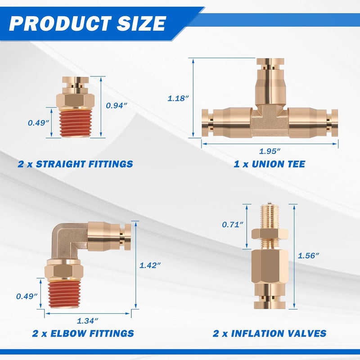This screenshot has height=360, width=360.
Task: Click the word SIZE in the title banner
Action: coord(141,24)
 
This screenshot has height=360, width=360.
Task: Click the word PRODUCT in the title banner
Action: coord(60,24)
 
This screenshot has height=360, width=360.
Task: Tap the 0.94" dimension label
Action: coord(117,106)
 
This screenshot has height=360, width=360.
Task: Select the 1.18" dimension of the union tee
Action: coord(178,99)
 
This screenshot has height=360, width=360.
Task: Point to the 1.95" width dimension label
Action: coord(270,151)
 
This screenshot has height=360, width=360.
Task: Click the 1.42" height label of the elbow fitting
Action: coord(150,265)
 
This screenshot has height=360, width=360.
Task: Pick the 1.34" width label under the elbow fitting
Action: coord(87,321)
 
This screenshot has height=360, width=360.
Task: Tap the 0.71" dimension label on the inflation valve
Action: coord(232,225)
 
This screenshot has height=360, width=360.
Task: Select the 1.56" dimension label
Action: coord(308,256)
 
